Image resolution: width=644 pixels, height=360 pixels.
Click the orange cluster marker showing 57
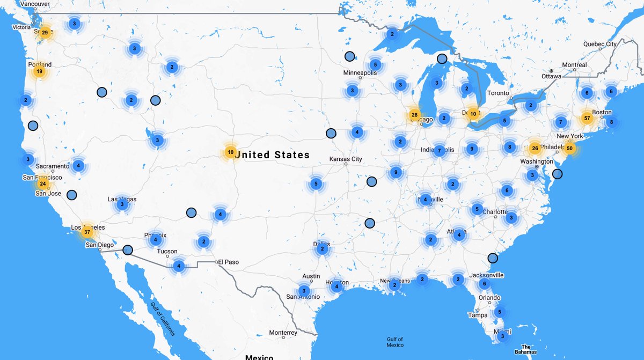point(587,118)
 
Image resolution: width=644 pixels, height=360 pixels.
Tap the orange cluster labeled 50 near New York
point(569,148)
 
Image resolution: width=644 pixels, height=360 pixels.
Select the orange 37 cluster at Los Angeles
point(87,232)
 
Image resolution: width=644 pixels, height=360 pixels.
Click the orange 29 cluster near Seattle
point(45,33)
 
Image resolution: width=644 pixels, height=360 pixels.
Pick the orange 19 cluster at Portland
point(39,71)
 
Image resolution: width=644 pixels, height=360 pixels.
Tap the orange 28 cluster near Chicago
point(414,114)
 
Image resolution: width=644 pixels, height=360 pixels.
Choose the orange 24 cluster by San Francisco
point(43,183)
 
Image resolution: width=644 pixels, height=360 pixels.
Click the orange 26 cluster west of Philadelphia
point(535,148)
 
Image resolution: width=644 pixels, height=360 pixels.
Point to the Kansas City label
point(346,159)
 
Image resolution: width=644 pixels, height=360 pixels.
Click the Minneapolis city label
point(360,73)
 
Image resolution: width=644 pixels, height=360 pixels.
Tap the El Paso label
point(228,262)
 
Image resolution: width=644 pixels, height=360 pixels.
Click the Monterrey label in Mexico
point(283,333)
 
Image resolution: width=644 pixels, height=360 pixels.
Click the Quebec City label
point(600,44)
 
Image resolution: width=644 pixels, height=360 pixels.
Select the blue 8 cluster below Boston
point(610,122)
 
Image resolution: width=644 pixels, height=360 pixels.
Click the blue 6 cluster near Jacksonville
point(484,284)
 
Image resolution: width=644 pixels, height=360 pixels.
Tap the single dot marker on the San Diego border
point(127,249)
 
